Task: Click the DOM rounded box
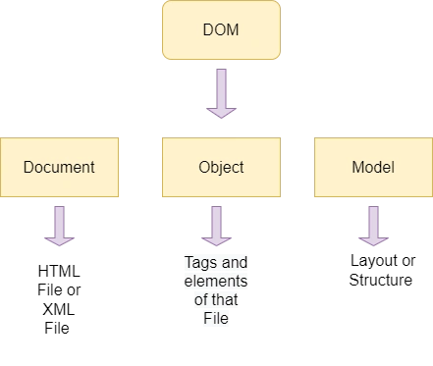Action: click(221, 29)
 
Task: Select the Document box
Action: click(59, 167)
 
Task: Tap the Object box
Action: click(221, 167)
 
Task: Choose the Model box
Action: click(373, 167)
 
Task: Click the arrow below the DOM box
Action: click(221, 93)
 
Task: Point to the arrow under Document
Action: click(59, 226)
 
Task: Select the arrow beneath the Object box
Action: click(216, 226)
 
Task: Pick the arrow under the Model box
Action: click(373, 226)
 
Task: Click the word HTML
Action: click(59, 271)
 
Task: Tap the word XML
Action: click(59, 309)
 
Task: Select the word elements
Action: click(216, 281)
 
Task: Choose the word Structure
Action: click(381, 280)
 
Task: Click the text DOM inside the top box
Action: click(221, 29)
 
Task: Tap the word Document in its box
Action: click(59, 167)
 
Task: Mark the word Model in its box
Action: click(373, 167)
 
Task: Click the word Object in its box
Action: click(221, 168)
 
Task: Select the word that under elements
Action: click(224, 299)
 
